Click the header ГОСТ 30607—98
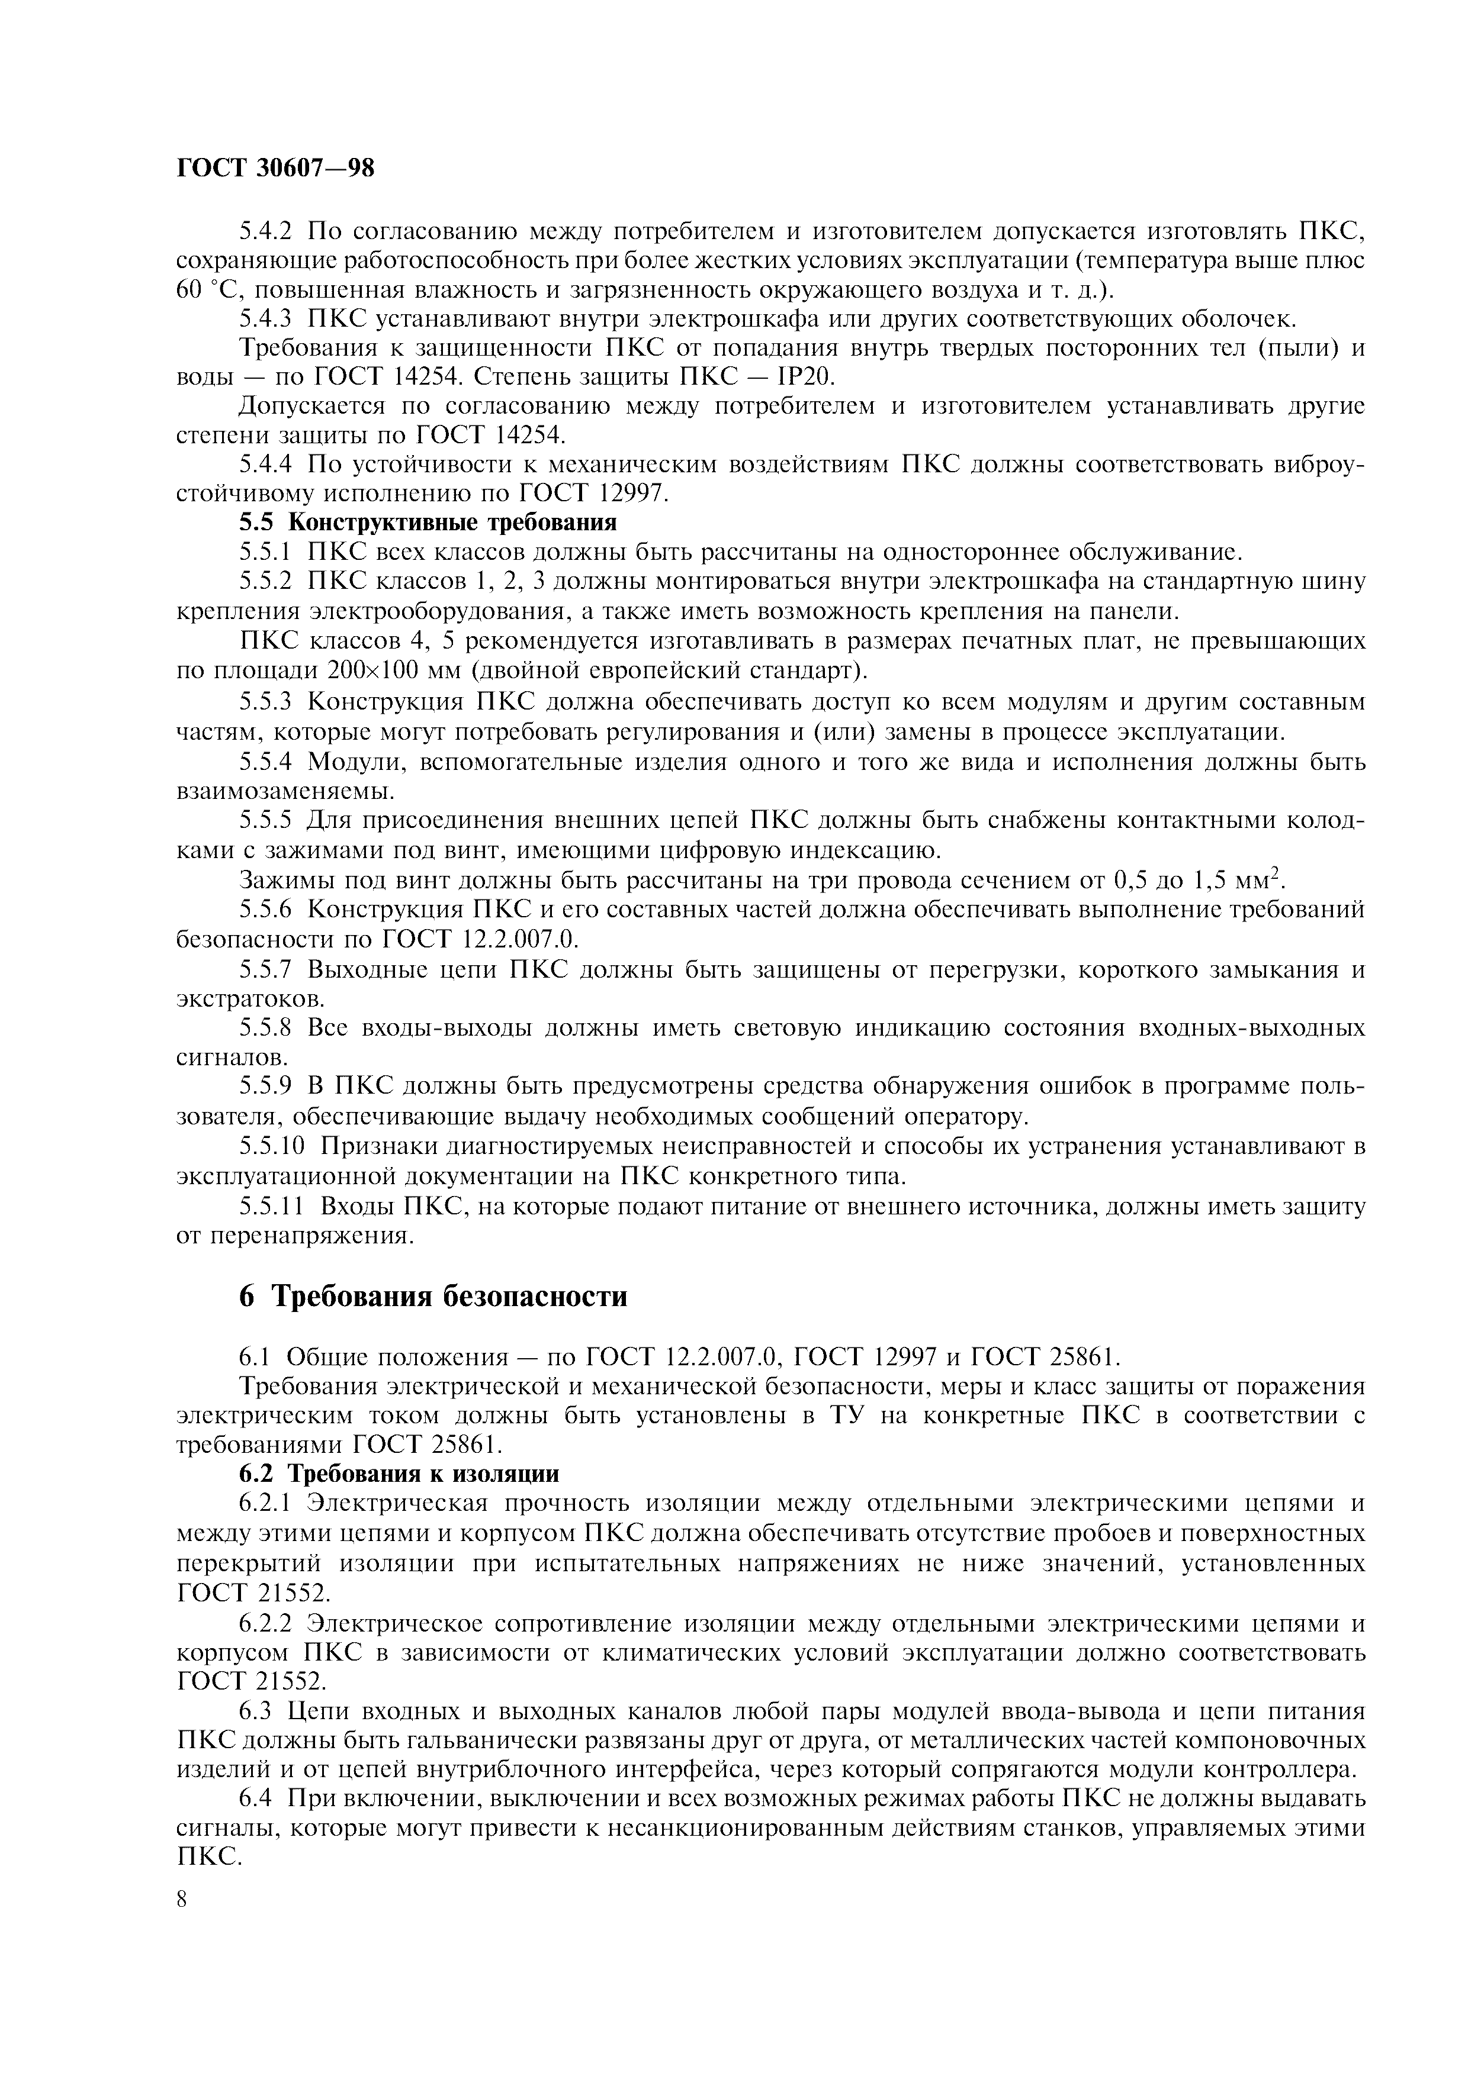click(x=275, y=168)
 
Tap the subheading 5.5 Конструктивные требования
click(x=428, y=523)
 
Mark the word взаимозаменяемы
click(x=285, y=792)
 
